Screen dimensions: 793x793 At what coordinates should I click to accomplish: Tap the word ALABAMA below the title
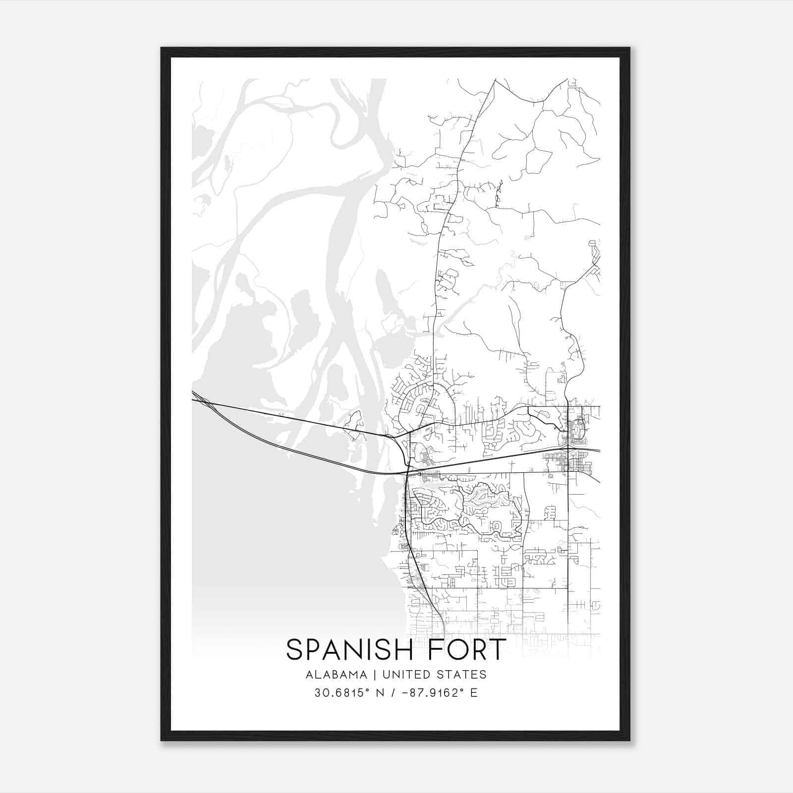click(x=337, y=675)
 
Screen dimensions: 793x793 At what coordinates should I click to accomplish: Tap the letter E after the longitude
click(x=474, y=692)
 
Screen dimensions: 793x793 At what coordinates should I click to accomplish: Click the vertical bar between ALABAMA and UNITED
click(x=375, y=675)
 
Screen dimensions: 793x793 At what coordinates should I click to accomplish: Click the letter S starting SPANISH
click(x=294, y=650)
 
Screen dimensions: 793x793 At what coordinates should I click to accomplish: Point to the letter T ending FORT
click(x=498, y=650)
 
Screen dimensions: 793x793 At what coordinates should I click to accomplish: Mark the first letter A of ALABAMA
click(x=309, y=675)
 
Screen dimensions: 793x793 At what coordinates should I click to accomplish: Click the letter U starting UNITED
click(x=384, y=675)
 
